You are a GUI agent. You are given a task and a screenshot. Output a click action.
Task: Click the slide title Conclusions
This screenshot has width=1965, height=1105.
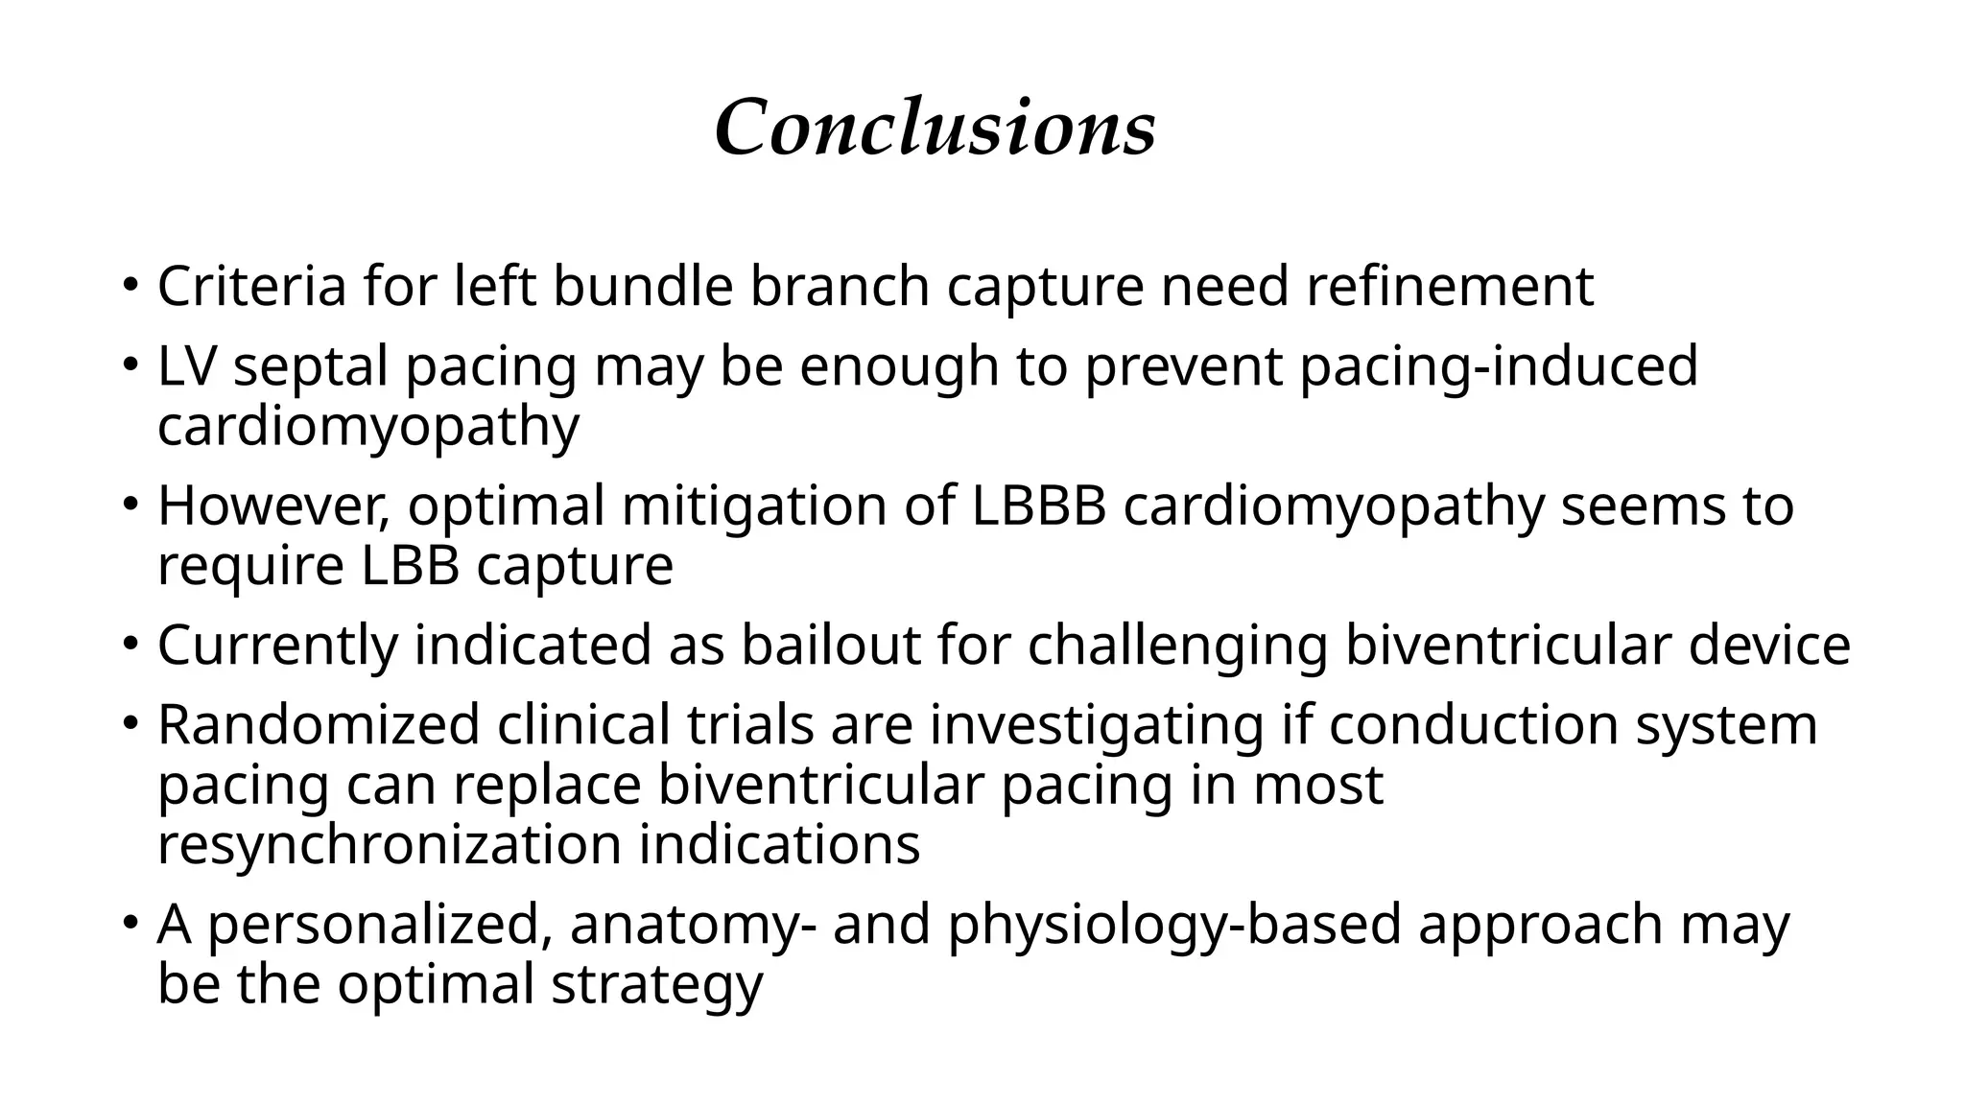pos(935,128)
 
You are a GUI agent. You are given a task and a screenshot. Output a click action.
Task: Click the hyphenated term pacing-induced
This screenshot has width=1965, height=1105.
pos(1499,368)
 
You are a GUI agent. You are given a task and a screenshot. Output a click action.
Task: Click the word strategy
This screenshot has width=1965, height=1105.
pos(657,986)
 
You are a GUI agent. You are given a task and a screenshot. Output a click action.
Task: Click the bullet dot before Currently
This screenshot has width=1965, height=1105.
pos(130,645)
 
